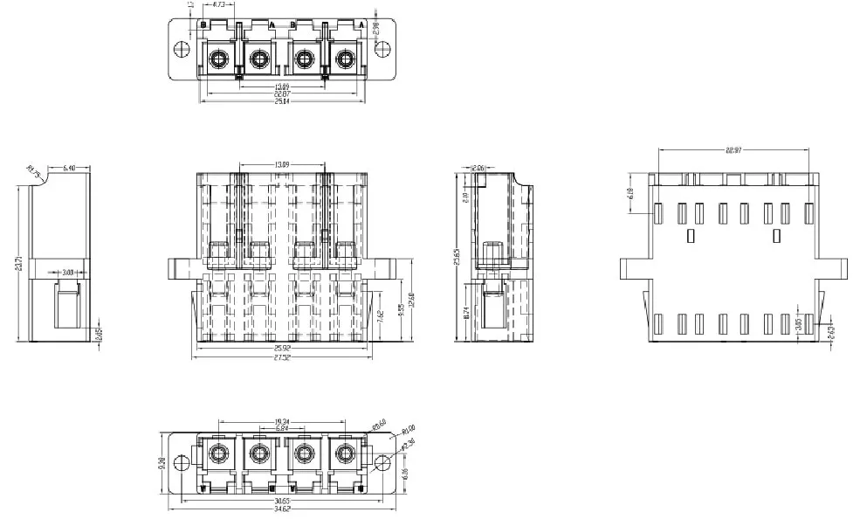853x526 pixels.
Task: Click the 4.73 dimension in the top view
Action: (x=219, y=5)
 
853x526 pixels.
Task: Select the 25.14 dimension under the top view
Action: (x=282, y=101)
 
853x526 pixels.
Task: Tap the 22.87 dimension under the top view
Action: (x=282, y=93)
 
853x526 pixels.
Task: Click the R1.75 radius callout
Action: (x=33, y=171)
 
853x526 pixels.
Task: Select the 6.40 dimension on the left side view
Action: (x=70, y=167)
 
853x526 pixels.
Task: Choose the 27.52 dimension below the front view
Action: (x=282, y=357)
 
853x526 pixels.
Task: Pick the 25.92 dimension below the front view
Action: (x=282, y=348)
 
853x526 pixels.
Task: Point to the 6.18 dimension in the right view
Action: (x=631, y=193)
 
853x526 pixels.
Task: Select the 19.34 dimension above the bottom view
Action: (x=282, y=420)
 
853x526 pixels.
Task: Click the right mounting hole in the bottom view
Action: (x=382, y=462)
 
